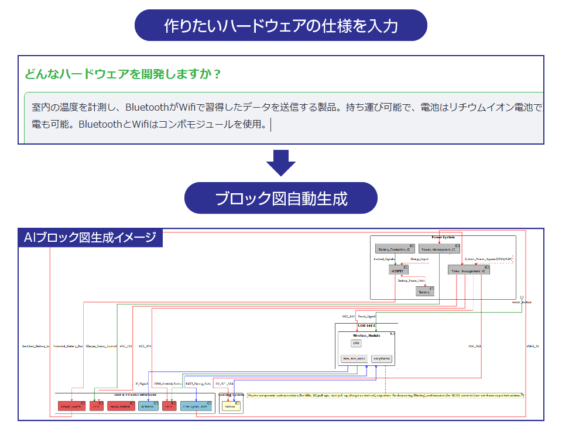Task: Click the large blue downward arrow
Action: click(281, 163)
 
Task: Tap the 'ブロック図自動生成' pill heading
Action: click(281, 198)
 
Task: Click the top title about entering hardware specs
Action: click(281, 26)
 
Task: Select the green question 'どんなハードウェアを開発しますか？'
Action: click(123, 74)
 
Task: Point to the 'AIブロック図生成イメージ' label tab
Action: click(90, 238)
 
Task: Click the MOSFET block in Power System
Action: click(398, 270)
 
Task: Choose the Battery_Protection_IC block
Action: click(395, 249)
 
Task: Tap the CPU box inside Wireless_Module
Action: click(357, 344)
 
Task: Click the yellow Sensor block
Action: click(231, 406)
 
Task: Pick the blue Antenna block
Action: click(149, 406)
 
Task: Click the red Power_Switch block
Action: click(71, 406)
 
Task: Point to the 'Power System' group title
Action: click(443, 238)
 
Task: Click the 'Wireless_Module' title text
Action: click(365, 335)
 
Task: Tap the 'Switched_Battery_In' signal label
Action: click(36, 346)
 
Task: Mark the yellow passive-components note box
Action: click(385, 396)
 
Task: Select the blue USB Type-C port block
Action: click(196, 406)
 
